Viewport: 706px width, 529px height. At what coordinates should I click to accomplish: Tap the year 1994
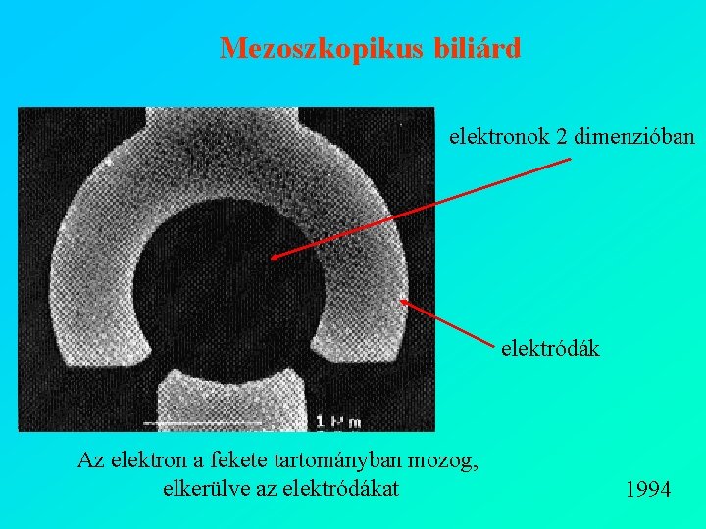pyautogui.click(x=647, y=489)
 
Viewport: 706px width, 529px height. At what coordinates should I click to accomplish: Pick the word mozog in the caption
pyautogui.click(x=452, y=462)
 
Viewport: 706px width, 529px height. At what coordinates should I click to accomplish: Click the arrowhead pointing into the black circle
pyautogui.click(x=274, y=257)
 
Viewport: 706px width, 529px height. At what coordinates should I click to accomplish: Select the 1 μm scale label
pyautogui.click(x=338, y=421)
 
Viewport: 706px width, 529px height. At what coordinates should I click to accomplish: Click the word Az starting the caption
pyautogui.click(x=90, y=461)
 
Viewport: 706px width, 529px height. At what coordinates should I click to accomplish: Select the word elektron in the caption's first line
pyautogui.click(x=148, y=461)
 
